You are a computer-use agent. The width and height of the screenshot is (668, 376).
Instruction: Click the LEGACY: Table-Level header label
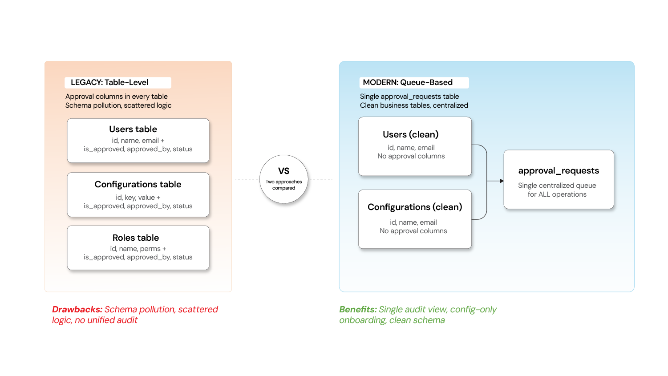pos(110,83)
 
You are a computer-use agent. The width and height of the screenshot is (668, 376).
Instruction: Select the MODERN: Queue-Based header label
pos(408,83)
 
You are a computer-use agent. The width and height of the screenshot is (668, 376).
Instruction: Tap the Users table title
pos(133,129)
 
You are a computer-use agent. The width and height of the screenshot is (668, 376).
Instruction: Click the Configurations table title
pos(138,185)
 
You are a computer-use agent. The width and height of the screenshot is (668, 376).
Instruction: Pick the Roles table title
pos(136,238)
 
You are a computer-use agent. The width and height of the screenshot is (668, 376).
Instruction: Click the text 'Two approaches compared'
pos(284,185)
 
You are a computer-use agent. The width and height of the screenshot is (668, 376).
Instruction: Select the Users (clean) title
pos(411,135)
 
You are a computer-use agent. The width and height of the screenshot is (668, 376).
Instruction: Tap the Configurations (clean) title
pos(415,207)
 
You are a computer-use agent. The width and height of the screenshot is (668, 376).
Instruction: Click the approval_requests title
pos(559,171)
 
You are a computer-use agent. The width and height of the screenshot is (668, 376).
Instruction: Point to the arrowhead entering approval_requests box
pos(502,181)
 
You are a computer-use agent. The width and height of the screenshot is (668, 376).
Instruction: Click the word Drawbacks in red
pos(77,310)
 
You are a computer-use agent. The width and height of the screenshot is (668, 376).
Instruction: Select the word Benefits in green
pos(358,310)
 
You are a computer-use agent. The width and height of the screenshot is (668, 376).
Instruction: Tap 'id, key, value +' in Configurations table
pos(138,198)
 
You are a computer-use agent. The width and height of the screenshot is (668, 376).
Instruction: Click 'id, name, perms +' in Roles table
pos(138,249)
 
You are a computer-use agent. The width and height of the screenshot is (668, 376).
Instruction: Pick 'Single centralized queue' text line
pos(557,186)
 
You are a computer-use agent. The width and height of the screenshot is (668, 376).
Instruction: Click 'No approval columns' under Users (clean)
pos(411,156)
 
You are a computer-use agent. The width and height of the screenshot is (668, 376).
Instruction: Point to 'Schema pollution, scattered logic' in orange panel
pos(118,105)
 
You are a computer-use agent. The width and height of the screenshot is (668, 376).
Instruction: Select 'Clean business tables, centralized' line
pos(414,105)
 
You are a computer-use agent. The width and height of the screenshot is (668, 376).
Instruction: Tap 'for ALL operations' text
pos(557,194)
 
